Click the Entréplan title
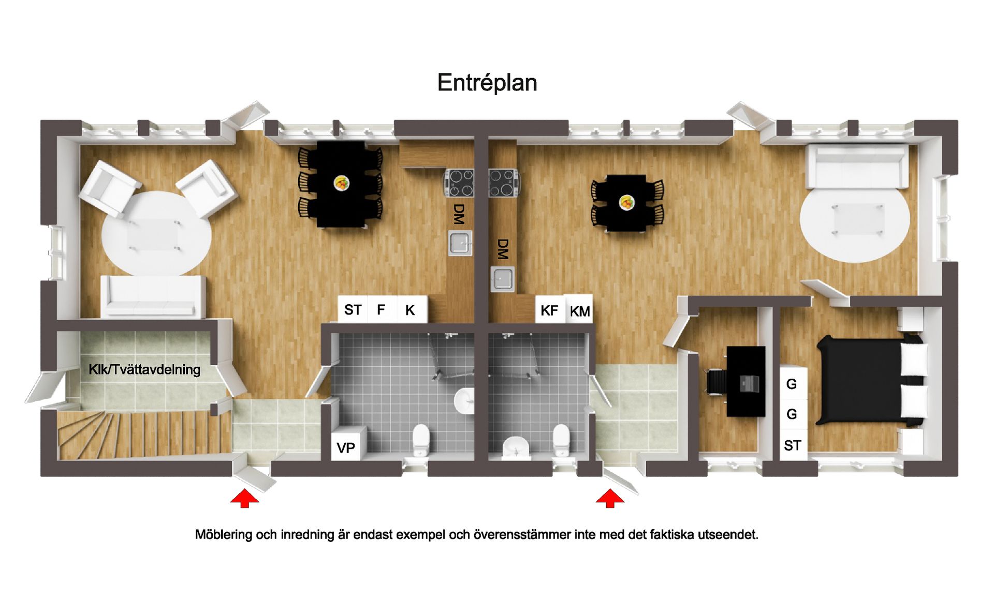[487, 83]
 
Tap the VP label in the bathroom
[346, 448]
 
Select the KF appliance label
[549, 310]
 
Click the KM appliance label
[580, 311]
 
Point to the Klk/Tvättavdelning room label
[144, 369]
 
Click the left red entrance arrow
[244, 499]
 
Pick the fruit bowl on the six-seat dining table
[341, 183]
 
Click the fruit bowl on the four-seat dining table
[627, 202]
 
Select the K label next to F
[410, 310]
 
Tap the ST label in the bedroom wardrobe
[792, 445]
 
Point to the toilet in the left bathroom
[421, 440]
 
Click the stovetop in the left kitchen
[459, 183]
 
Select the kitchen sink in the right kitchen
[502, 278]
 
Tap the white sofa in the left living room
[153, 296]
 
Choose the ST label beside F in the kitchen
[353, 310]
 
